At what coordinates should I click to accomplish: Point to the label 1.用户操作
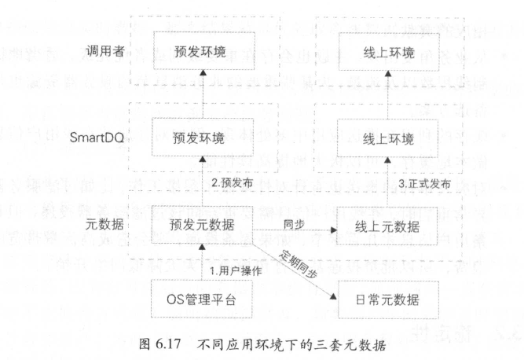tap(233, 270)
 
